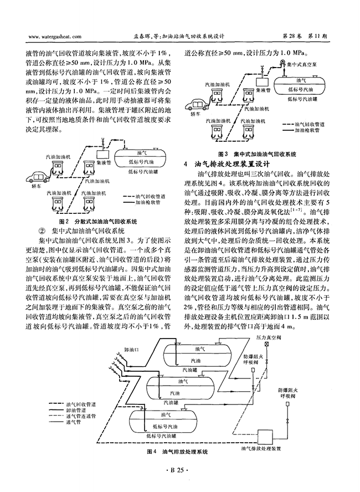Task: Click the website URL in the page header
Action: [55, 37]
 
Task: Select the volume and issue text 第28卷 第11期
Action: [305, 36]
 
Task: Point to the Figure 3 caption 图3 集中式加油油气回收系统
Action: [257, 154]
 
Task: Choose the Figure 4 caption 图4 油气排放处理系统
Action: [177, 452]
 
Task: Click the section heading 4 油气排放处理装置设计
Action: [227, 164]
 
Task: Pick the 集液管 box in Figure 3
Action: [262, 82]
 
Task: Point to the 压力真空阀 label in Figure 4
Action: [269, 337]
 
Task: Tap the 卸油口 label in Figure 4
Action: [131, 349]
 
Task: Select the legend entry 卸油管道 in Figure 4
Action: [76, 410]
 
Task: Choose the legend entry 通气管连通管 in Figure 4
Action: [81, 416]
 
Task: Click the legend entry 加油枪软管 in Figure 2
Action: [147, 203]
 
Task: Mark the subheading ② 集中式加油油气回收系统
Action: [81, 231]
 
